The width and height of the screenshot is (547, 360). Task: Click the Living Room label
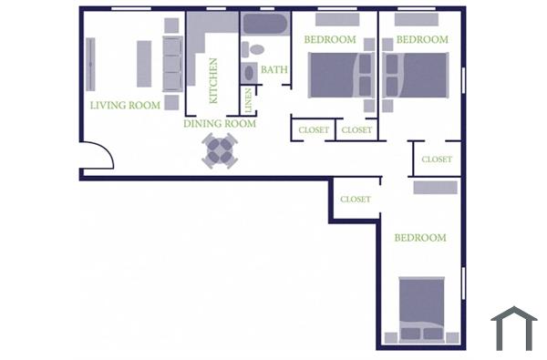tap(125, 105)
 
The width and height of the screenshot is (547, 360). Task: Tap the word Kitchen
tap(213, 80)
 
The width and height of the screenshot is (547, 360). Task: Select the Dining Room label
tap(220, 124)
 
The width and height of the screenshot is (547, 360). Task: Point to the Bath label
tap(274, 69)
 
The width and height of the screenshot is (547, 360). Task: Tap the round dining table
tap(220, 150)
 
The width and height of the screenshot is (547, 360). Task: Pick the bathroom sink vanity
tap(247, 71)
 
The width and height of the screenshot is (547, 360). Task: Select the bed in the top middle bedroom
tap(335, 76)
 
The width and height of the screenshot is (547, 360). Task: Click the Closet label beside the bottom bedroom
tap(355, 199)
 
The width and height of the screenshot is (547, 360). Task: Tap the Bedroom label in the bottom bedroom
tap(419, 238)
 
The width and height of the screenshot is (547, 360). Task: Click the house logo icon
tap(513, 328)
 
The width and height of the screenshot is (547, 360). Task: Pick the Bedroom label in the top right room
tap(422, 39)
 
